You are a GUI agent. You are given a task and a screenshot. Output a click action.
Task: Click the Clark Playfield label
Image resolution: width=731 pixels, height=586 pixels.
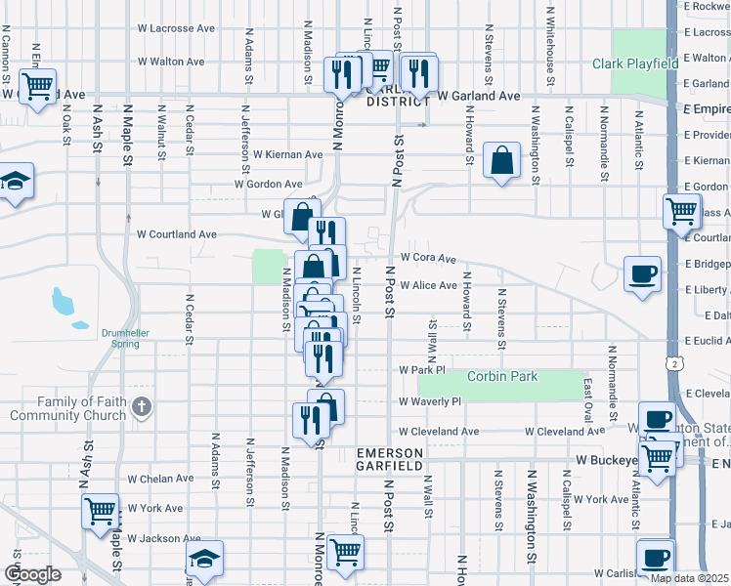634,63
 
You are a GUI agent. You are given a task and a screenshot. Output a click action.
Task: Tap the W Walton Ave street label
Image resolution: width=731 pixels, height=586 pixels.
170,61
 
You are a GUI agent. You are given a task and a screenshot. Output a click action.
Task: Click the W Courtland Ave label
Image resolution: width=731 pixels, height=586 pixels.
176,234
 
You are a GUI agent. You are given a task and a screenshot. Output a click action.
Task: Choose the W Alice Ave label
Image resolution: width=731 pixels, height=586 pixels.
428,285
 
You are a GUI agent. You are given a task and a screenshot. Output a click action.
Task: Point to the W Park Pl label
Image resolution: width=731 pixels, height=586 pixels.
421,370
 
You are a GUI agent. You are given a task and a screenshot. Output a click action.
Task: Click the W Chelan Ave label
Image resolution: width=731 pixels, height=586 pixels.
160,479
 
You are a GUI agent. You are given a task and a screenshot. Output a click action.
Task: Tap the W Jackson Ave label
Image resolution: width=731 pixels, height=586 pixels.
163,538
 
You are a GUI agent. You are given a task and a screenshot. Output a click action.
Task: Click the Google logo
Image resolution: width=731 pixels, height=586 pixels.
32,574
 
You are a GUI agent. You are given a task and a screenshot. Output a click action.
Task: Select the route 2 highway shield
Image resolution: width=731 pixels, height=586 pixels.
674,363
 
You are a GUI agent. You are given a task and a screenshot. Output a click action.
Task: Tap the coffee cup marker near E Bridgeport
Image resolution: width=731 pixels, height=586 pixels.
642,272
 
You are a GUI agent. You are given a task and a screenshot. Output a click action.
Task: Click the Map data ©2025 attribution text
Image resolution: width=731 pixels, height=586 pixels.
690,578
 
